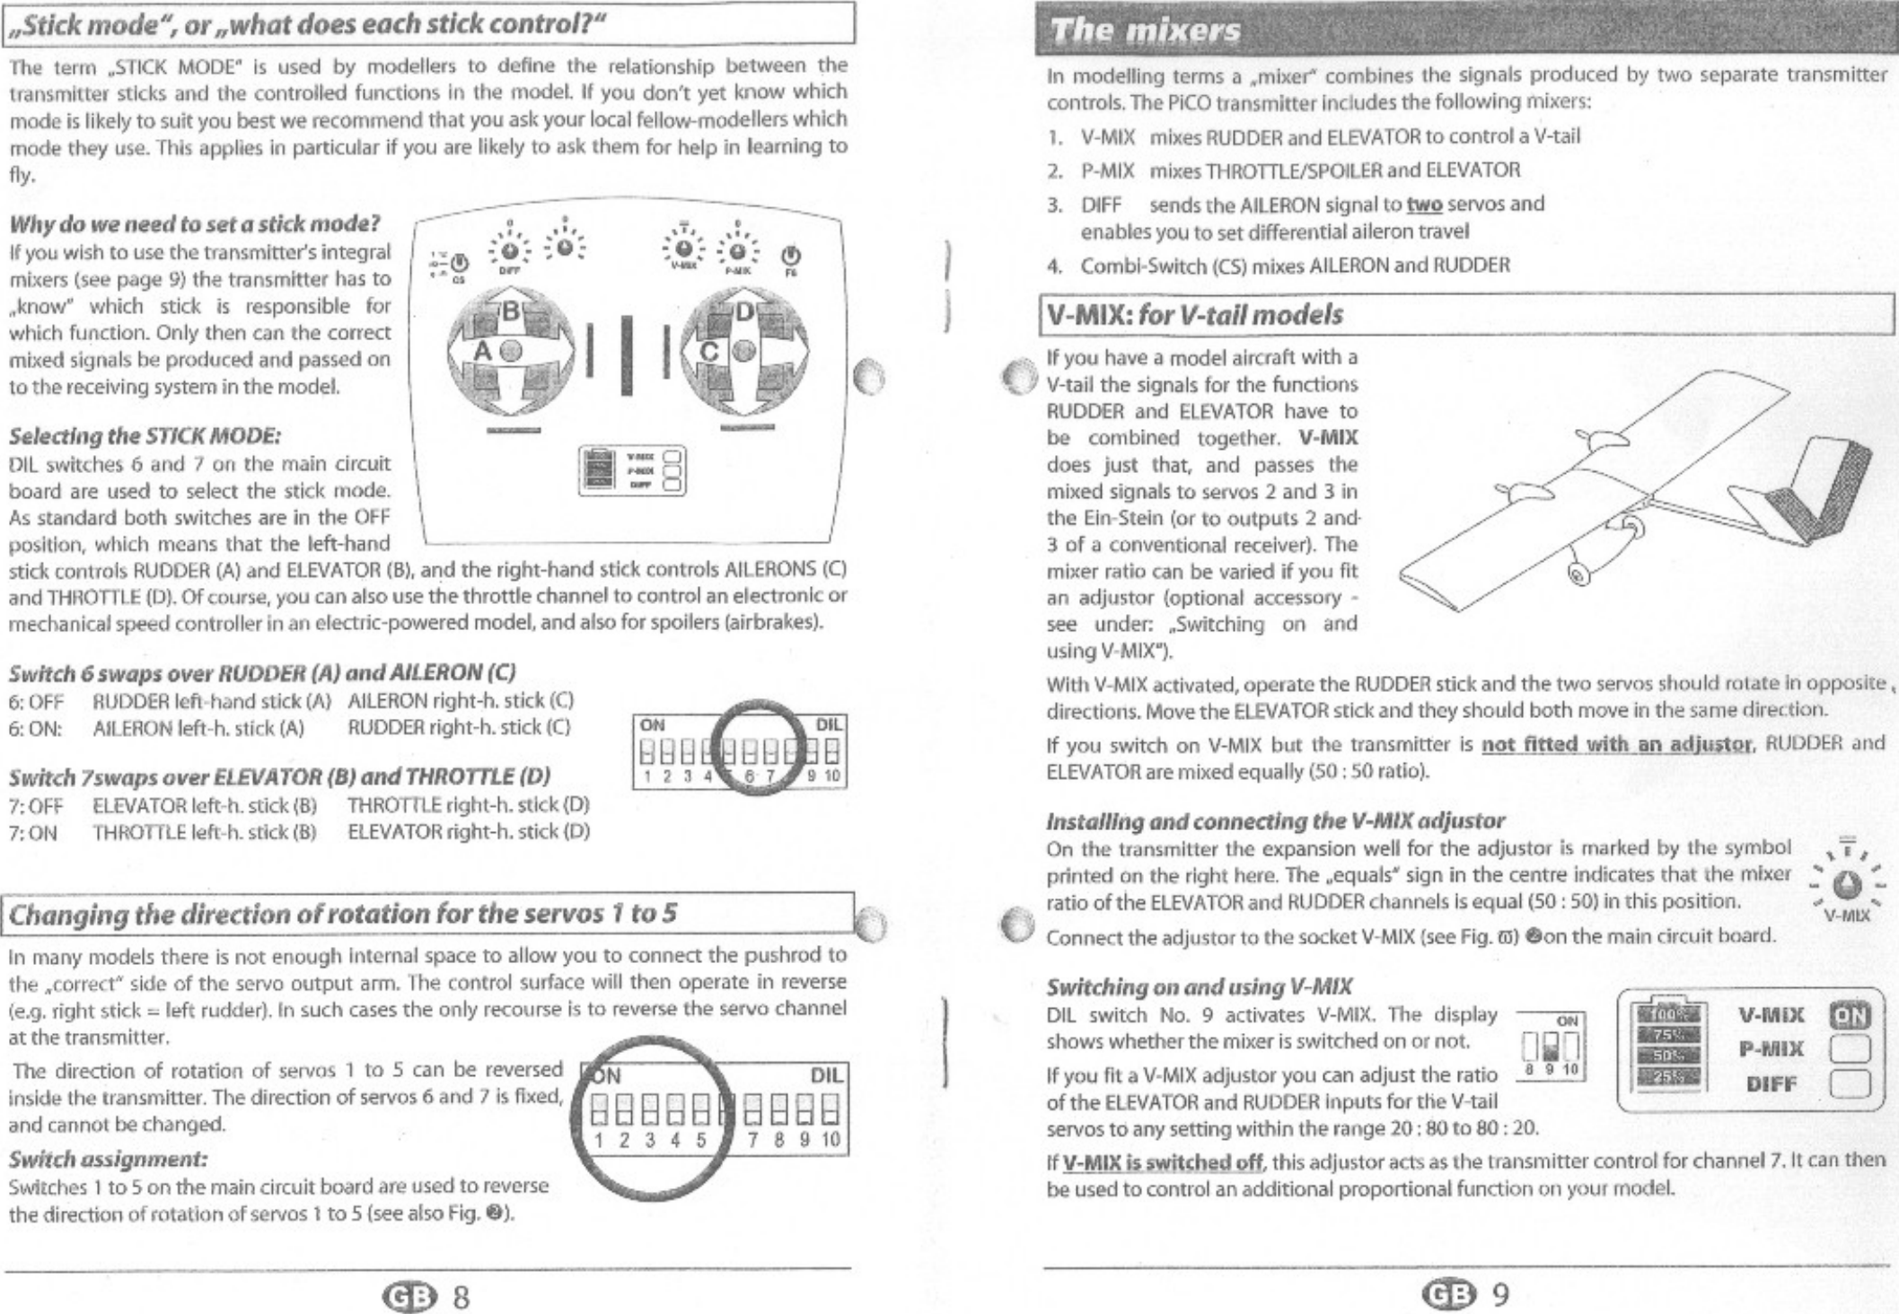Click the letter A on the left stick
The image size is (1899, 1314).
(x=483, y=352)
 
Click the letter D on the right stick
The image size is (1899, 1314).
(x=745, y=313)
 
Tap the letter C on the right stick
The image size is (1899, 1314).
(x=709, y=353)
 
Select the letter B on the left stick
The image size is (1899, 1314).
(x=511, y=313)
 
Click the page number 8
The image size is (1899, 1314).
(x=460, y=1296)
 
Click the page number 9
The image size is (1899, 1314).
(x=1500, y=1294)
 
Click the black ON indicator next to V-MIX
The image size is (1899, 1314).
(x=1849, y=1015)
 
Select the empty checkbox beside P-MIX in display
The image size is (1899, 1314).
(x=1849, y=1048)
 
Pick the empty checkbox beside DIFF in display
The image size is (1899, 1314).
(x=1849, y=1083)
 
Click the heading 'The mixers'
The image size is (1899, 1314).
(x=1146, y=31)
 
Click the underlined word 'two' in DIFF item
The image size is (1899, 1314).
(x=1424, y=205)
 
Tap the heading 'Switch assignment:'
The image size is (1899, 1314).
(x=108, y=1158)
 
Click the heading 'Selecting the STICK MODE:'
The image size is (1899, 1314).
(x=145, y=436)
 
